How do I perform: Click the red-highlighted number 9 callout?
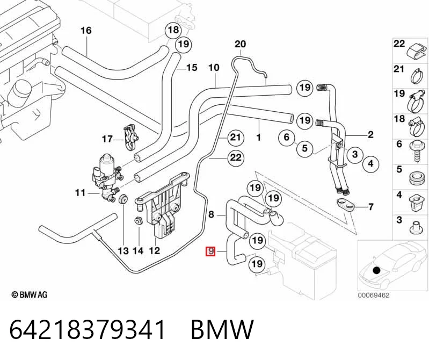[x=210, y=251]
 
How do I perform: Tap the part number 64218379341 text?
[x=88, y=329]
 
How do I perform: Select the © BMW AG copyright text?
[x=30, y=294]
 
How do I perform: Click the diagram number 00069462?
[x=374, y=296]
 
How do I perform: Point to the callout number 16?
[x=86, y=31]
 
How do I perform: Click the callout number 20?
[x=240, y=44]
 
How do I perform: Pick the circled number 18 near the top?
[x=173, y=30]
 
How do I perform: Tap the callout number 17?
[x=107, y=139]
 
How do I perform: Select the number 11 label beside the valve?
[x=81, y=193]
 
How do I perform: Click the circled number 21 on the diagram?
[x=236, y=137]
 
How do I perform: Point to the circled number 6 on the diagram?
[x=287, y=137]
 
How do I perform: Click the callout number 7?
[x=370, y=206]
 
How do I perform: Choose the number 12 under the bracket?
[x=154, y=250]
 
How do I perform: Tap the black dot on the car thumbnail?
[x=377, y=270]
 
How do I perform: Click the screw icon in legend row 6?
[x=416, y=152]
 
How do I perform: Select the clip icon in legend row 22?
[x=417, y=52]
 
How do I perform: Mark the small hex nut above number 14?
[x=138, y=220]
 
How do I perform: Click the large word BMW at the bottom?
[x=222, y=329]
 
